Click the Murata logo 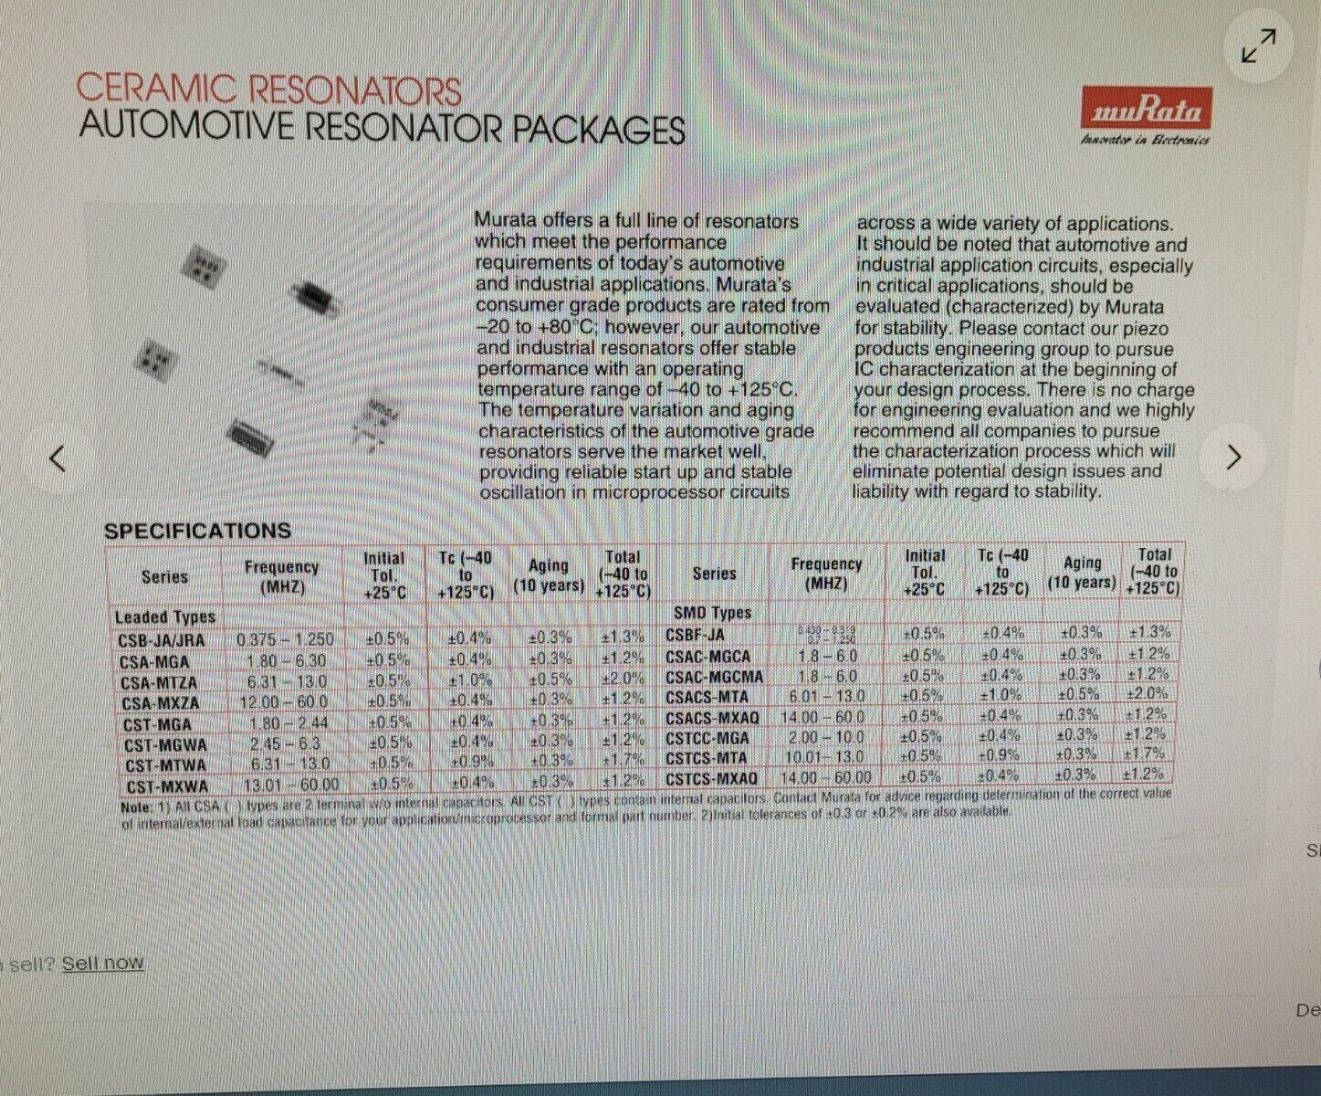click(x=1147, y=110)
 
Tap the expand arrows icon click(x=1258, y=46)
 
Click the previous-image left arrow click(x=58, y=458)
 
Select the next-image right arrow click(x=1233, y=457)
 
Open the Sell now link click(x=102, y=963)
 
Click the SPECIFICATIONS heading click(x=197, y=531)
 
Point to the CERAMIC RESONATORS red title click(x=268, y=90)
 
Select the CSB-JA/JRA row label click(x=162, y=640)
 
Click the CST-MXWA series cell click(x=167, y=786)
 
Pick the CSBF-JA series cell click(x=695, y=635)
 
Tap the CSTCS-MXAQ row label click(x=711, y=778)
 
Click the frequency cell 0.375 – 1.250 click(x=285, y=639)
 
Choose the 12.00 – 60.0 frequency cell click(x=283, y=701)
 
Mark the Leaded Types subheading click(x=164, y=617)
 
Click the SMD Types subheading click(x=712, y=613)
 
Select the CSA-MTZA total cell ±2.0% click(x=623, y=679)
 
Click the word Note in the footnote click(x=136, y=807)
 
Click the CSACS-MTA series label click(x=707, y=697)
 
